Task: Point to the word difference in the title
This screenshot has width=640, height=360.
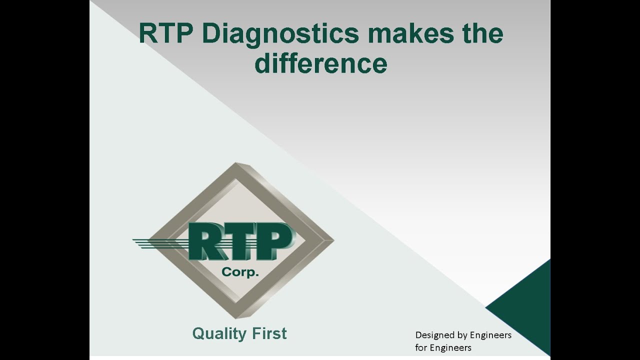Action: coord(320,64)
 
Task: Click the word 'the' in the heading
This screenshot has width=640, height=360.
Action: coord(482,34)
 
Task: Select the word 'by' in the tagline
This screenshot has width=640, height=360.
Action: coord(463,335)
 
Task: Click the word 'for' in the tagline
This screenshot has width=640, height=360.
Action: coord(421,347)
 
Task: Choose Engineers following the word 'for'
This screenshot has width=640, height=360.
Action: coord(450,347)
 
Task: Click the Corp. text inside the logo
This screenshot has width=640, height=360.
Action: coord(240,272)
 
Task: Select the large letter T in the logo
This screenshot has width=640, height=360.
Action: coord(240,242)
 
